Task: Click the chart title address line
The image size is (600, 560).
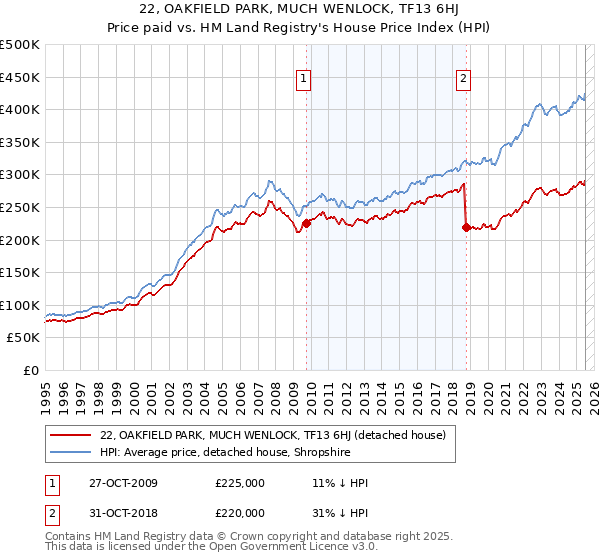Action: pos(300,10)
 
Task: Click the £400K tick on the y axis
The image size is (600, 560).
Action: pos(20,109)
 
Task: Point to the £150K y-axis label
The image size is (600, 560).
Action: pos(20,272)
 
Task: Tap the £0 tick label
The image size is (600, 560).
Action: pos(32,370)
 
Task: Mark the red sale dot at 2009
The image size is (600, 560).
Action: pos(306,224)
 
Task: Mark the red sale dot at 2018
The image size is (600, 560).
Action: pos(466,228)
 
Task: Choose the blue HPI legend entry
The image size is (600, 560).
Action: pos(236,452)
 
